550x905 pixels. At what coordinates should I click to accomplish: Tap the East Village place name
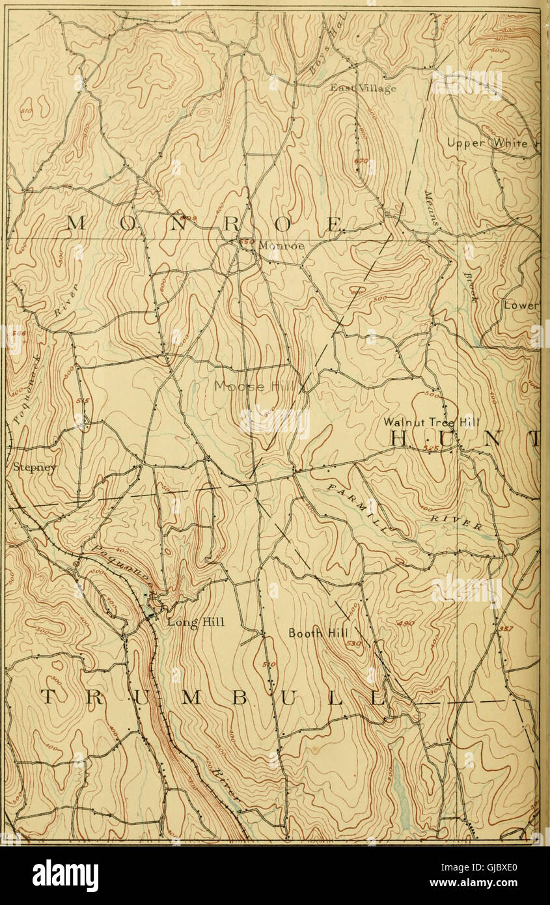(x=363, y=88)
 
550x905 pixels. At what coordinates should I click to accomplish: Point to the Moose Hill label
(x=254, y=387)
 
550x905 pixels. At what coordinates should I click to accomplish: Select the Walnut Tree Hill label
(x=440, y=421)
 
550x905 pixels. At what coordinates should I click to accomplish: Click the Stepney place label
(x=27, y=467)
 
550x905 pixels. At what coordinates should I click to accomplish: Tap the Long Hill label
(x=195, y=622)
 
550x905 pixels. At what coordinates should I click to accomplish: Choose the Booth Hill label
(x=319, y=633)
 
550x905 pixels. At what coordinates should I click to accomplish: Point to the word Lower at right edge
(x=521, y=305)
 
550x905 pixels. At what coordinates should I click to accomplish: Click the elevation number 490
(x=406, y=624)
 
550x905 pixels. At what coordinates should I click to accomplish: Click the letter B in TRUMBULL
(x=239, y=697)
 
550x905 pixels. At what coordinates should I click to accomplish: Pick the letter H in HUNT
(x=398, y=439)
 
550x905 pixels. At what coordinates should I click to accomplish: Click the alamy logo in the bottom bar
(x=65, y=876)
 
